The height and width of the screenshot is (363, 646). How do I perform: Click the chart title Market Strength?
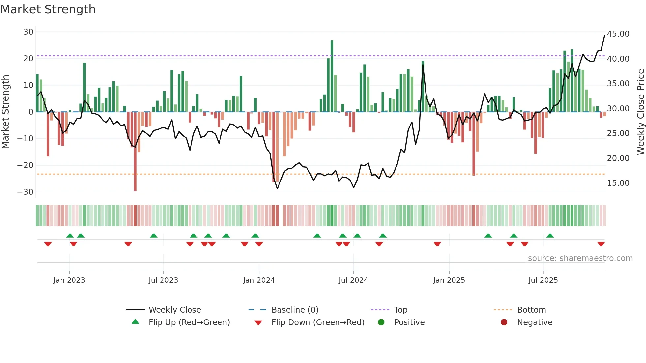tap(48, 9)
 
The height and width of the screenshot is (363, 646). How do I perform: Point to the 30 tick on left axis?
tap(28, 32)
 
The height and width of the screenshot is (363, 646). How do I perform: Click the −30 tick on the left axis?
tap(25, 192)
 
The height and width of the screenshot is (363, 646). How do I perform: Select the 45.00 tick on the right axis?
tap(618, 34)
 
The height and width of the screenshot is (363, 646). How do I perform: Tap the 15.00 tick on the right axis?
tap(618, 183)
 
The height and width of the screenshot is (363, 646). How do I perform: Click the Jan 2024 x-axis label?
tap(259, 280)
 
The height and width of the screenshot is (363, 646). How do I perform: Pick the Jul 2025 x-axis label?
tap(543, 280)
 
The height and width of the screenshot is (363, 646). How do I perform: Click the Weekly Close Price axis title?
tap(640, 112)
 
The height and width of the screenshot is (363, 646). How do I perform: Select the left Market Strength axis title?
tap(6, 112)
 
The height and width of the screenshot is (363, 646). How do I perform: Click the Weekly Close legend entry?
tap(174, 310)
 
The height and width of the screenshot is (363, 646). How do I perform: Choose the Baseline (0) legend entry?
tap(295, 310)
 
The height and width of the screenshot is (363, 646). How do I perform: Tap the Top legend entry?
tap(400, 310)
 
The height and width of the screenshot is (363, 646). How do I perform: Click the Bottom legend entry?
tap(531, 310)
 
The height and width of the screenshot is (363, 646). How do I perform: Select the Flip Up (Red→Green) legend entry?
tap(189, 322)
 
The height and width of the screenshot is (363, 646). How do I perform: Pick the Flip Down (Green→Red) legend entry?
tap(318, 322)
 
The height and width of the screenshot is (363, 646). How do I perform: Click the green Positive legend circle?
tap(381, 322)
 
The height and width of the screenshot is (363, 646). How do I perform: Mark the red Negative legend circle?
tap(504, 322)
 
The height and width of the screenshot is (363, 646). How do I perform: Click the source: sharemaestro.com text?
tap(580, 258)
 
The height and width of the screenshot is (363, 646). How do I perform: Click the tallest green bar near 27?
tap(332, 76)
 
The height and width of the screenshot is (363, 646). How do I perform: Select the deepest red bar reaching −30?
tap(135, 152)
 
